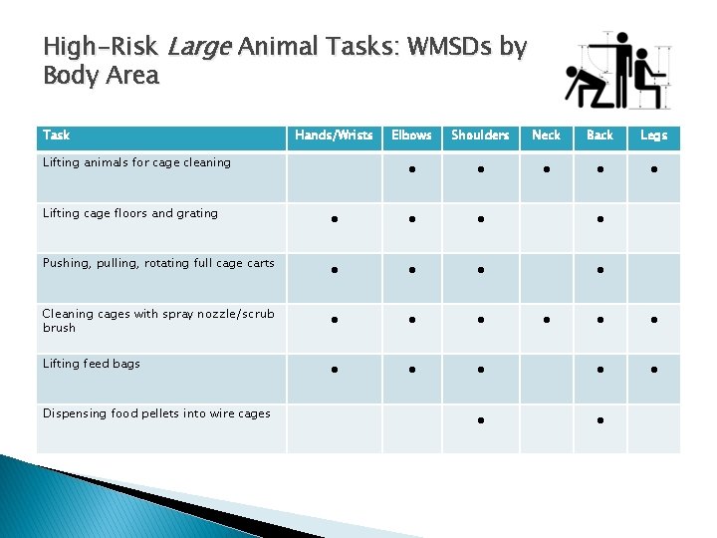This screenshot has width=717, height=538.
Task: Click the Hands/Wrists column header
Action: (335, 135)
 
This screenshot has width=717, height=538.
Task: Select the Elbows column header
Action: (411, 135)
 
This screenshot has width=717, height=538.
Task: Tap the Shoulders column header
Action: (480, 135)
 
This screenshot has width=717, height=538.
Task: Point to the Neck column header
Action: (546, 135)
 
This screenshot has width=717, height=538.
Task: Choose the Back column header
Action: (599, 135)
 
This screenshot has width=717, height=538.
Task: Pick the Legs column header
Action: (653, 135)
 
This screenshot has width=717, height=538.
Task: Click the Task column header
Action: (57, 135)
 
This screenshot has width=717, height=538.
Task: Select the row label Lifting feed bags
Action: (92, 364)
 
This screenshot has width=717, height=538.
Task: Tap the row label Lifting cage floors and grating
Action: (129, 213)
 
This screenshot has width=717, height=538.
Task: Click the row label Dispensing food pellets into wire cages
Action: (156, 413)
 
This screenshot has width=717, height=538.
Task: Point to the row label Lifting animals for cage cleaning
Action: (136, 162)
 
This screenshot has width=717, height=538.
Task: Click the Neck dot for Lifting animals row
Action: (547, 169)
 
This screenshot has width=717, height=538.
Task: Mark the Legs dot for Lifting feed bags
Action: (654, 370)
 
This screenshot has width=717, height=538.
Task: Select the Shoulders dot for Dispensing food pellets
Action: (480, 420)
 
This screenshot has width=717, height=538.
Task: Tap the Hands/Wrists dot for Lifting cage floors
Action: (335, 219)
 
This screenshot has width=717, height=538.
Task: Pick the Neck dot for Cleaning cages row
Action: (547, 320)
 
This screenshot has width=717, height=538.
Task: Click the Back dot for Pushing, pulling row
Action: (600, 270)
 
